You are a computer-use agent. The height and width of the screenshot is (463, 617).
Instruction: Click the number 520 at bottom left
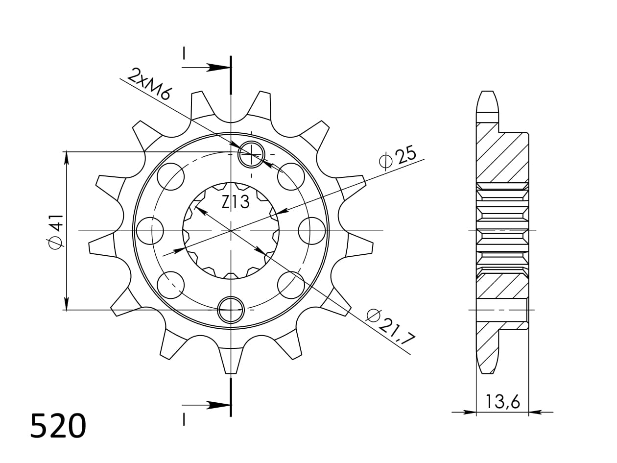(x=58, y=426)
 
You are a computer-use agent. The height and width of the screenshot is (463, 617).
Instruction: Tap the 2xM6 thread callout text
(x=149, y=84)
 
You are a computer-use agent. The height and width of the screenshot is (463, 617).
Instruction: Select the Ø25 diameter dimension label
(x=398, y=157)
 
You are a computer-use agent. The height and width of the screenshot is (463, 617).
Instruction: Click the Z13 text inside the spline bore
(x=236, y=202)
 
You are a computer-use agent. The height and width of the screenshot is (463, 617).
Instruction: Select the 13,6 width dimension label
(x=502, y=402)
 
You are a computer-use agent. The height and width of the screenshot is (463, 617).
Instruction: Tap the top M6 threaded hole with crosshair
(x=251, y=154)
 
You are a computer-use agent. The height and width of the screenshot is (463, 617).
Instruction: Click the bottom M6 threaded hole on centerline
(x=231, y=310)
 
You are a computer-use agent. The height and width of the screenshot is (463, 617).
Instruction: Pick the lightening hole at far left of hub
(x=149, y=231)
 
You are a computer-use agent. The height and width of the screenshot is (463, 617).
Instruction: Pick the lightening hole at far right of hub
(x=311, y=231)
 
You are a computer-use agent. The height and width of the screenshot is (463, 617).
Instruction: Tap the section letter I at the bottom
(x=184, y=419)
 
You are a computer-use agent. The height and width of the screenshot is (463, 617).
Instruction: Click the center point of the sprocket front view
(x=231, y=231)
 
